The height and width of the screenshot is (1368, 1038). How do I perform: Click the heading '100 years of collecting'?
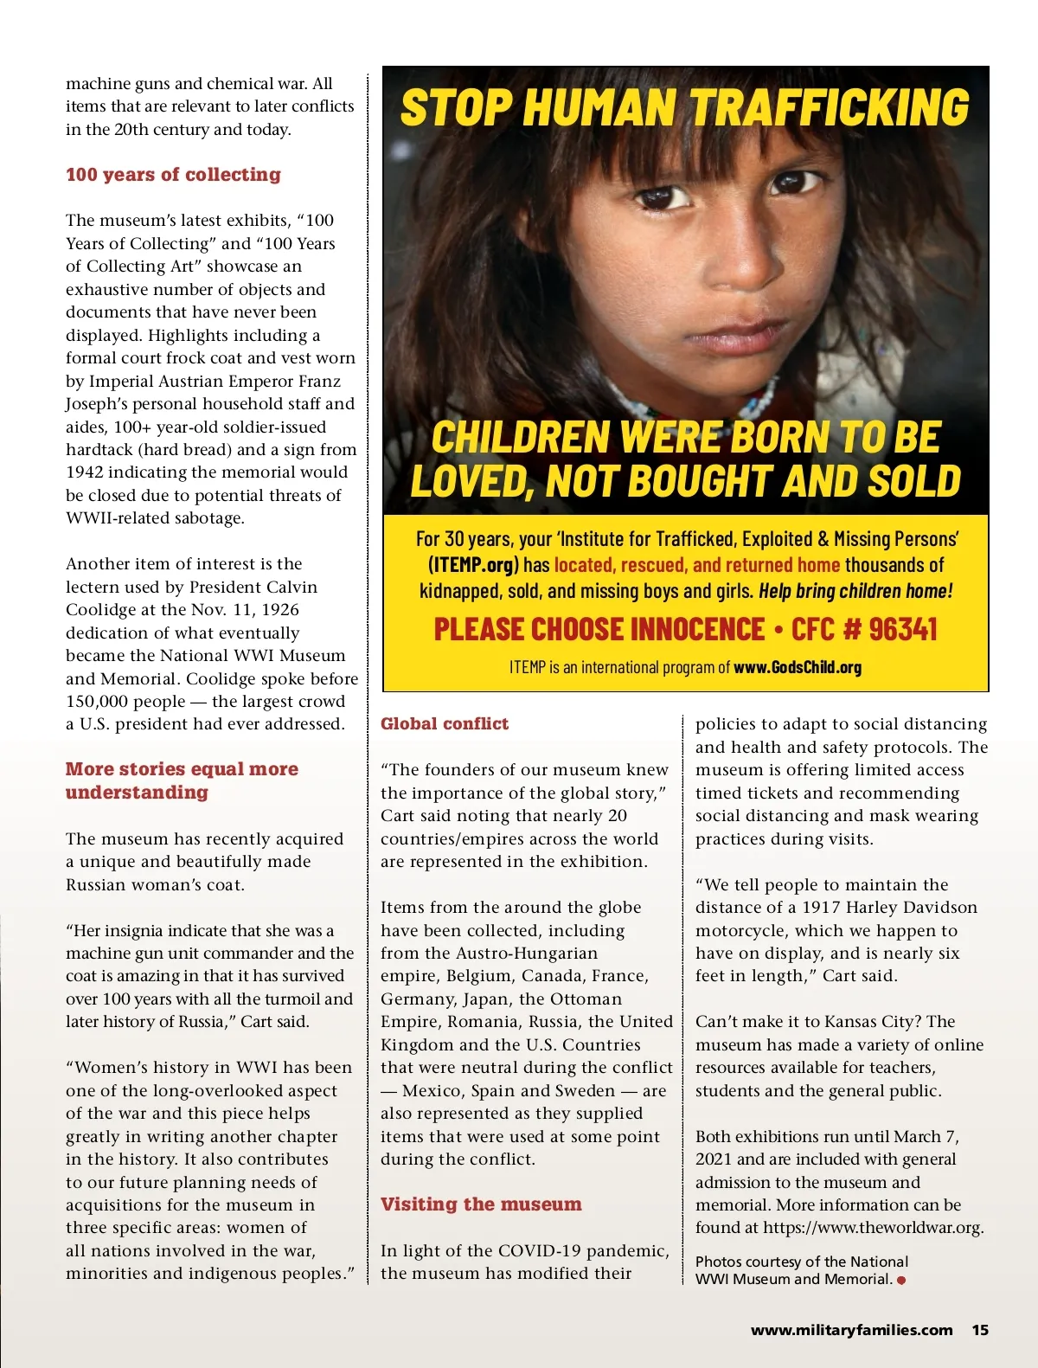click(173, 175)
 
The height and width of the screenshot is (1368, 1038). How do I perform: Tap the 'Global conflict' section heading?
click(445, 724)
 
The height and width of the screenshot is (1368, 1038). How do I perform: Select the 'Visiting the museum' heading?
click(481, 1204)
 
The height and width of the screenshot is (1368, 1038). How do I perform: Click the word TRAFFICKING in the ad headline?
click(830, 108)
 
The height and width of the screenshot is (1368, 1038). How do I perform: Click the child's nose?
click(714, 260)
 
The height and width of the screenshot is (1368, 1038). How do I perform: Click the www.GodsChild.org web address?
click(797, 667)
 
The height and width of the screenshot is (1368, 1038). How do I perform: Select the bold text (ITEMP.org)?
click(473, 566)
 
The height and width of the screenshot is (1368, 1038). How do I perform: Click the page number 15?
click(980, 1330)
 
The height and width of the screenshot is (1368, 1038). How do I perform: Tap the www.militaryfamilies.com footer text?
click(851, 1330)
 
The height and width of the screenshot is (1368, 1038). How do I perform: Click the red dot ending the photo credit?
click(901, 1280)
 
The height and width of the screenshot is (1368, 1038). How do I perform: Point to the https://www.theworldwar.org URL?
click(873, 1228)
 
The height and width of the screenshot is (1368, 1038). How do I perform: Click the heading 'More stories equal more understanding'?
click(182, 780)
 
